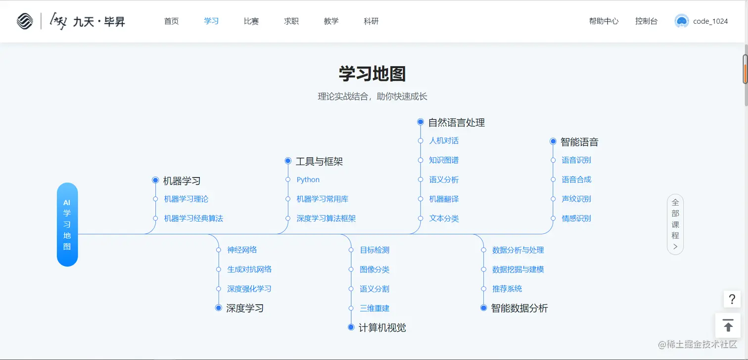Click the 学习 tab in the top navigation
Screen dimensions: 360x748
coord(211,21)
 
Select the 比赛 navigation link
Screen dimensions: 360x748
coord(251,21)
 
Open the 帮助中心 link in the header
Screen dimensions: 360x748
coord(604,21)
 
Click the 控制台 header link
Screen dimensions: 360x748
coord(646,21)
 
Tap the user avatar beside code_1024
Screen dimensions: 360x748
coord(682,21)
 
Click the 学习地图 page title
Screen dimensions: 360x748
coord(372,74)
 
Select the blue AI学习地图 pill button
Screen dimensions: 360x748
coord(67,225)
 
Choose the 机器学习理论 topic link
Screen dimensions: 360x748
coord(186,199)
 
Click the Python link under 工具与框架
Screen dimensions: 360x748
coord(308,180)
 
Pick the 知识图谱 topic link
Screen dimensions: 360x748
coord(444,160)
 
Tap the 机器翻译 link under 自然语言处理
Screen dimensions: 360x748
coord(444,199)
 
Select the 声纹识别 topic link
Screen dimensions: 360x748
coord(576,199)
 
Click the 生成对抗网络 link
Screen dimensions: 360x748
coord(249,270)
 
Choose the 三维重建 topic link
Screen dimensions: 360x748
coord(374,309)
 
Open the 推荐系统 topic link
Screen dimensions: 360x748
coord(507,289)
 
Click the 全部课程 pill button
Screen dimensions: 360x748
coord(675,225)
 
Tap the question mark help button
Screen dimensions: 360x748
coord(732,299)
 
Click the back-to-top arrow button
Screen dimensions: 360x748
coord(728,325)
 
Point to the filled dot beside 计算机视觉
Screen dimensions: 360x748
coord(351,327)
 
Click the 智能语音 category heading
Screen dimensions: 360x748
coord(579,142)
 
